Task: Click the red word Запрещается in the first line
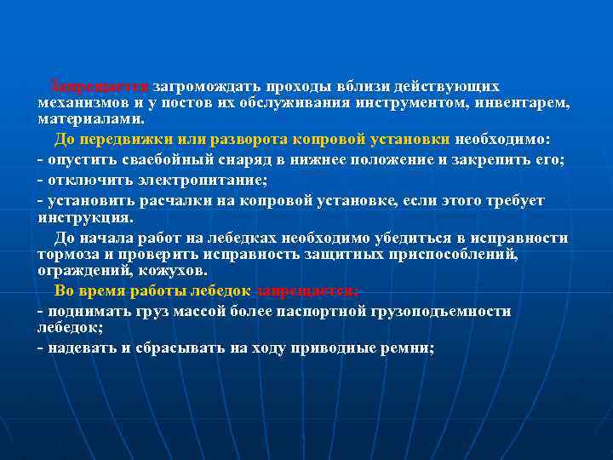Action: point(100,87)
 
